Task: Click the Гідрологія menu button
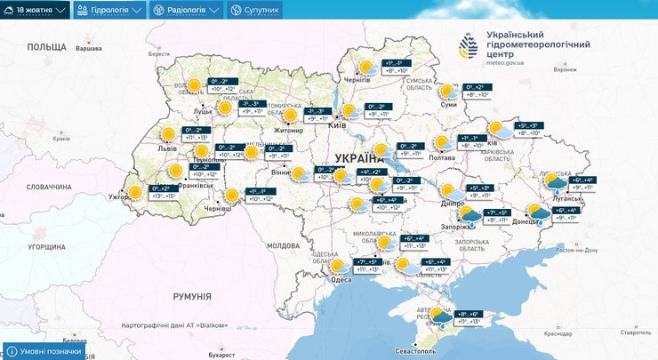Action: (110, 11)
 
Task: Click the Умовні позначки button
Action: (46, 351)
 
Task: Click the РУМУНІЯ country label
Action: (192, 296)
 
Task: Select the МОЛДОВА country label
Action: (284, 244)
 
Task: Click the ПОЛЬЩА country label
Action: (45, 46)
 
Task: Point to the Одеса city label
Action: (341, 279)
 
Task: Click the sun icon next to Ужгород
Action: (135, 191)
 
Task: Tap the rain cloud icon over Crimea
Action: (441, 317)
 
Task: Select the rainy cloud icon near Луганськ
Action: (557, 184)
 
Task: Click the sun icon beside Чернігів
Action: (365, 67)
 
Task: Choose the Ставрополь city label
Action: (636, 331)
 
